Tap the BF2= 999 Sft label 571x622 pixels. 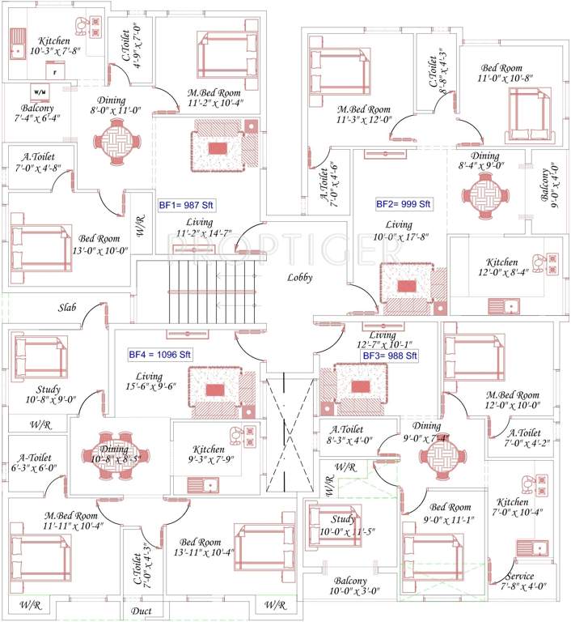point(404,203)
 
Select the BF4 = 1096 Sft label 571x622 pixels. point(159,354)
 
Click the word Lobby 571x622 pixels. point(300,278)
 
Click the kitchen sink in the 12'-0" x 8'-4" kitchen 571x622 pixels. point(505,305)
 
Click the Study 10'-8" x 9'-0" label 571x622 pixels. point(49,394)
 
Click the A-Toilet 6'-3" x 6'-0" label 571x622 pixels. point(33,461)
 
